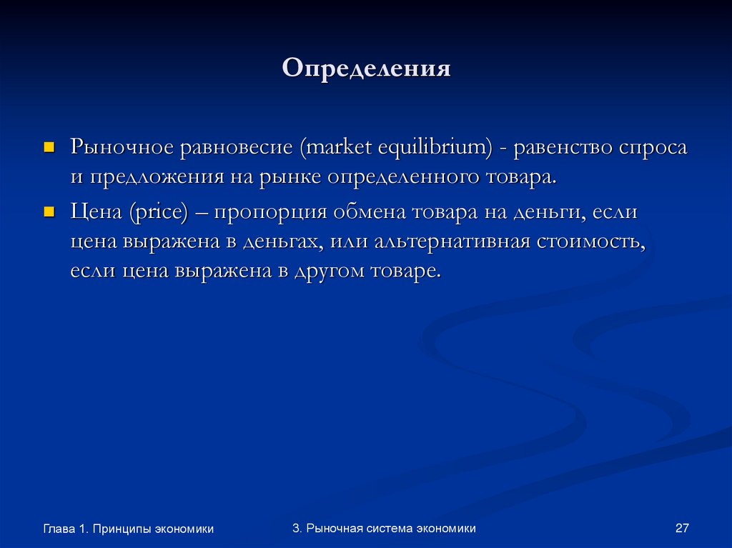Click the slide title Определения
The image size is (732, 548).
click(x=366, y=69)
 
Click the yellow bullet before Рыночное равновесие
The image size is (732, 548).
click(x=49, y=146)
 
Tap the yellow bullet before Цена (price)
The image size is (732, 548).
click(x=49, y=211)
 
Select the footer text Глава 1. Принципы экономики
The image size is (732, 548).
click(x=128, y=529)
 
